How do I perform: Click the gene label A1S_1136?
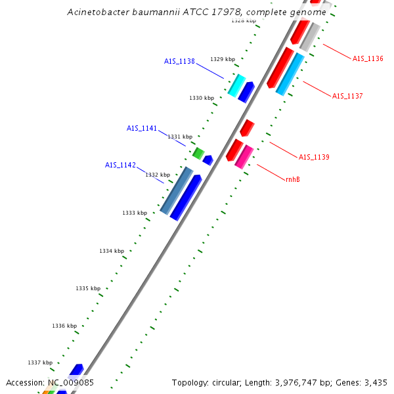click(368, 59)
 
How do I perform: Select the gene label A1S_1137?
click(347, 97)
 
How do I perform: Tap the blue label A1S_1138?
click(179, 62)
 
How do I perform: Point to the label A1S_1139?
click(314, 158)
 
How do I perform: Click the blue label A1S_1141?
click(142, 129)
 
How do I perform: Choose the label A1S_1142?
click(120, 165)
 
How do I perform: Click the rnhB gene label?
click(293, 179)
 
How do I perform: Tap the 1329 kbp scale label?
click(222, 59)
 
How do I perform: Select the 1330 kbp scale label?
click(202, 98)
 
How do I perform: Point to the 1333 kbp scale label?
click(135, 213)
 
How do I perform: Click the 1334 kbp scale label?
click(112, 251)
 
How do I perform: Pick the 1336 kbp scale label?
click(64, 326)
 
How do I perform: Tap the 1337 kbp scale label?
click(40, 362)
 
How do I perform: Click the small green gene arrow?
click(198, 153)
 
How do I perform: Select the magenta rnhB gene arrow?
click(244, 156)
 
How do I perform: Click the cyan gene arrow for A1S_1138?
click(236, 85)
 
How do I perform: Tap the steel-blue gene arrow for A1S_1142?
click(176, 190)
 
